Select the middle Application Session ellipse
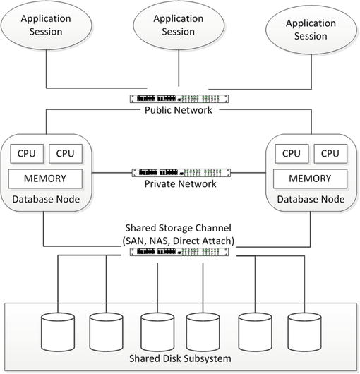tap(173, 25)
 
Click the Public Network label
tap(179, 110)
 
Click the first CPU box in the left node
tap(26, 152)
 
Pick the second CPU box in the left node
tap(66, 152)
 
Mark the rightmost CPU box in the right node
tap(329, 152)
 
